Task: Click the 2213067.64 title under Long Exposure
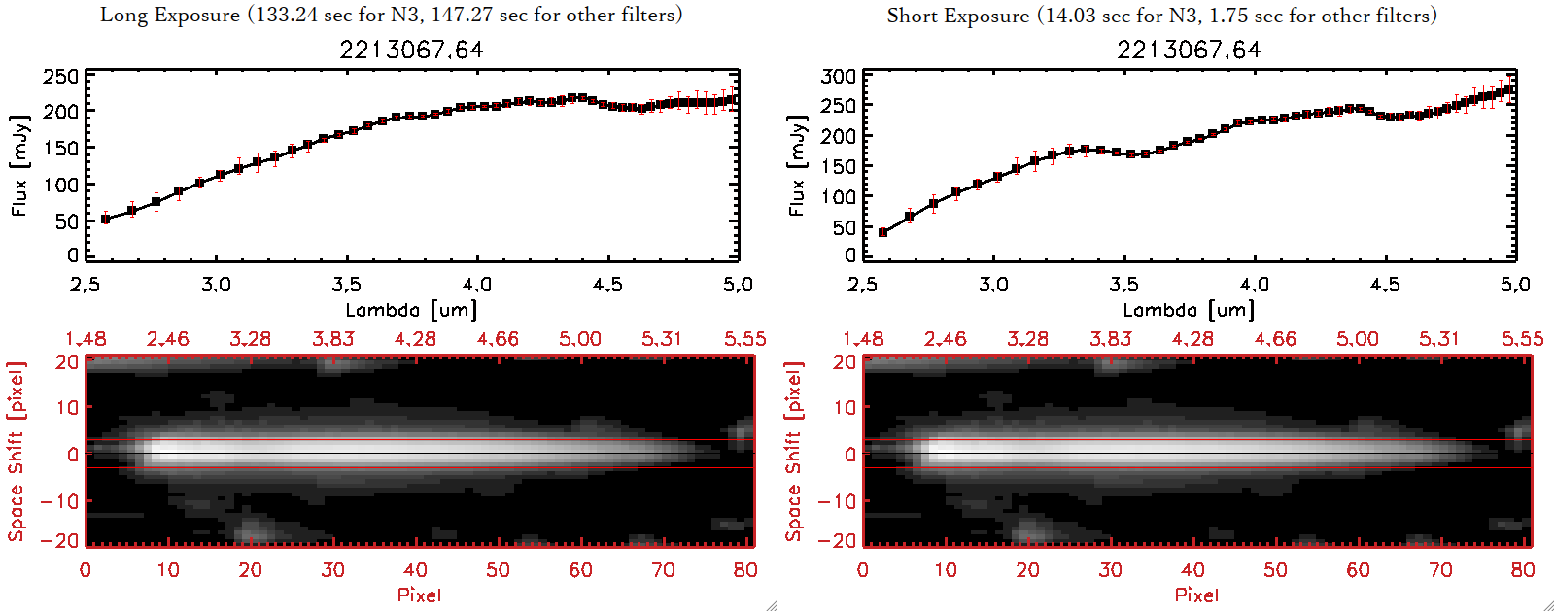click(411, 50)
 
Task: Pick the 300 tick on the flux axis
click(839, 76)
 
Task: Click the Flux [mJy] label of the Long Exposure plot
click(20, 165)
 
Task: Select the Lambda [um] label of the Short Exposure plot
click(1189, 310)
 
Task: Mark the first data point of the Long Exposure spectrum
click(106, 220)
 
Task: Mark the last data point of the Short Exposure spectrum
click(1510, 89)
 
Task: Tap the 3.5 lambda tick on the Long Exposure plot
click(346, 285)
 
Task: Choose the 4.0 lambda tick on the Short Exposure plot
click(1254, 285)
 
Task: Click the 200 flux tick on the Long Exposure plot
click(61, 112)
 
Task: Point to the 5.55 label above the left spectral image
click(744, 339)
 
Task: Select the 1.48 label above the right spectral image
click(863, 339)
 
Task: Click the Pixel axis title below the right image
click(1196, 595)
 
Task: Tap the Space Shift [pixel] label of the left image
click(17, 452)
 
